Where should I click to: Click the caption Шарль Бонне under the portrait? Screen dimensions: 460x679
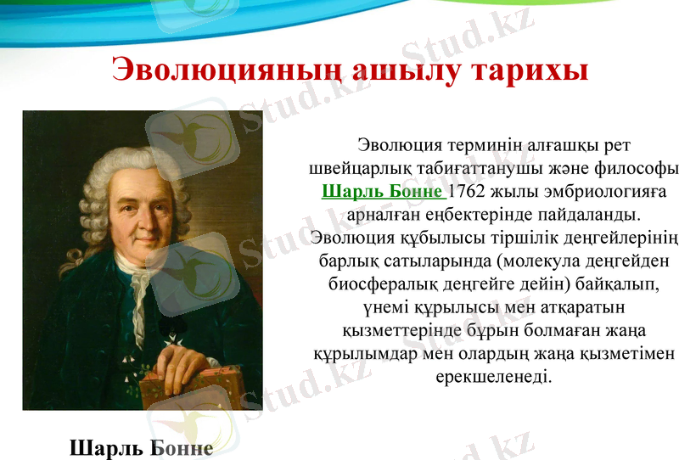141,446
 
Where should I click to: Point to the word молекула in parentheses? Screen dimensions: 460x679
525,259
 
